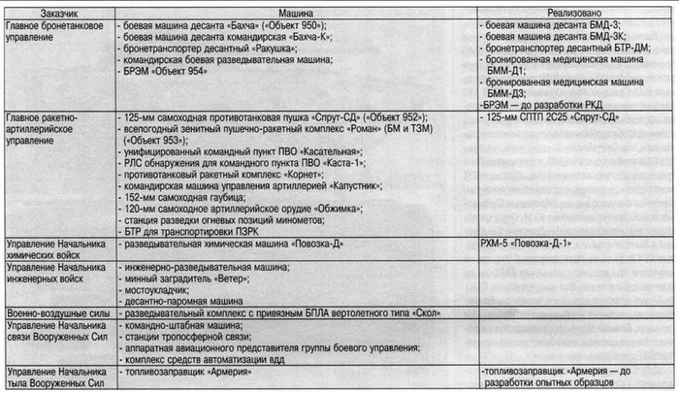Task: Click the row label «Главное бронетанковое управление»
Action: (54, 28)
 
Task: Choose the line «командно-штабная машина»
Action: (179, 328)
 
